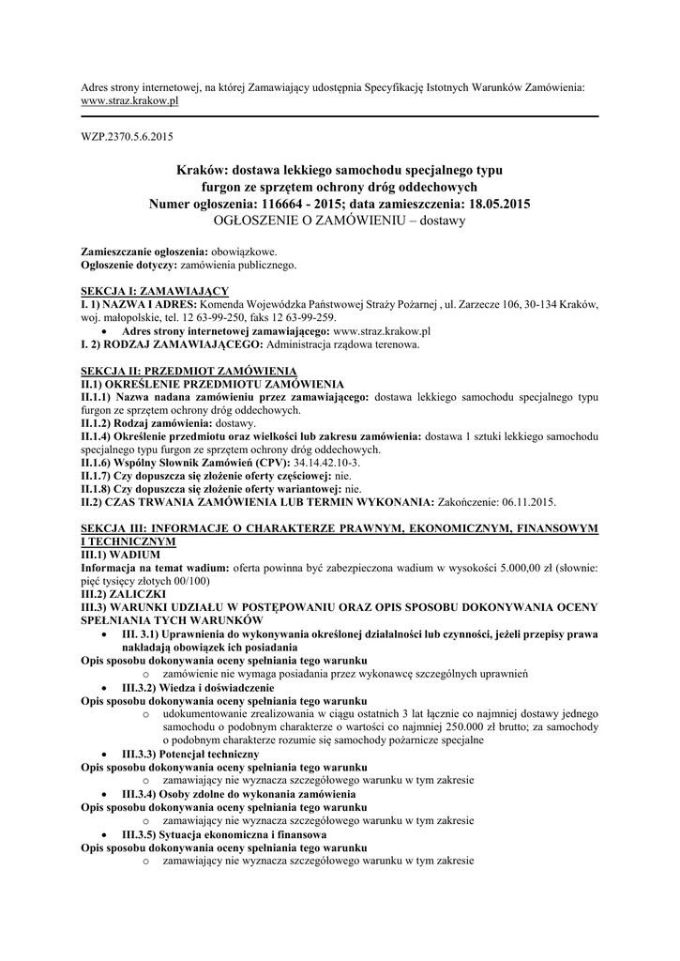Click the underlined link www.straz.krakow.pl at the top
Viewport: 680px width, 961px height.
(x=128, y=100)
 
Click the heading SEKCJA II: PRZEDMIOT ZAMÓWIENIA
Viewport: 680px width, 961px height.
(x=189, y=372)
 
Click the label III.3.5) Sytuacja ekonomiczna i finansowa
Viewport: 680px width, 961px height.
(x=224, y=834)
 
